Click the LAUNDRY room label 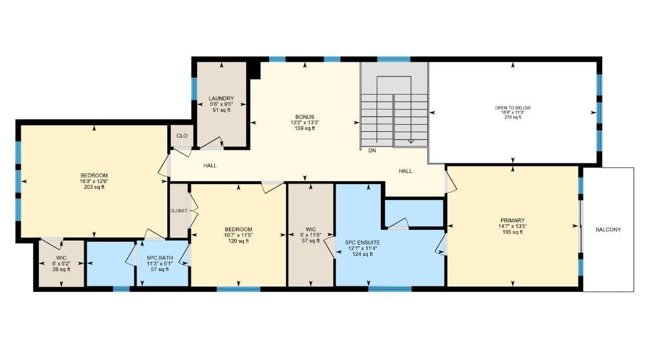(221, 98)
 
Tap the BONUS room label (304, 117)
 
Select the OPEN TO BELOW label (513, 108)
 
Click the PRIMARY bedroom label (513, 221)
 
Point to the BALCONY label (608, 229)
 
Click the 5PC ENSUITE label (363, 242)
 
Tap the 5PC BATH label (160, 258)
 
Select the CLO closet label (182, 136)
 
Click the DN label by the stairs (372, 151)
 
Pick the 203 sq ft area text (94, 187)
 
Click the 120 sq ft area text (238, 241)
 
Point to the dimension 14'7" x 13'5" (513, 226)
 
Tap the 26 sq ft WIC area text (61, 269)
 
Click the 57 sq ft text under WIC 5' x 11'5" (311, 241)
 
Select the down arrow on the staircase (411, 141)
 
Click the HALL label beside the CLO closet (210, 165)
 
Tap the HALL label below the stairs (406, 171)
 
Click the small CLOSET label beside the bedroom (179, 211)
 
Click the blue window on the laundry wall (194, 88)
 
